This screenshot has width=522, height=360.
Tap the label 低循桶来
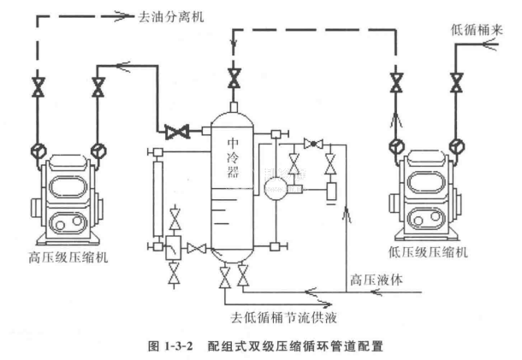(475, 29)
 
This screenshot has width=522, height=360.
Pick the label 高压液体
(372, 279)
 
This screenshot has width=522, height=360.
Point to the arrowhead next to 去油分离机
(119, 16)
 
